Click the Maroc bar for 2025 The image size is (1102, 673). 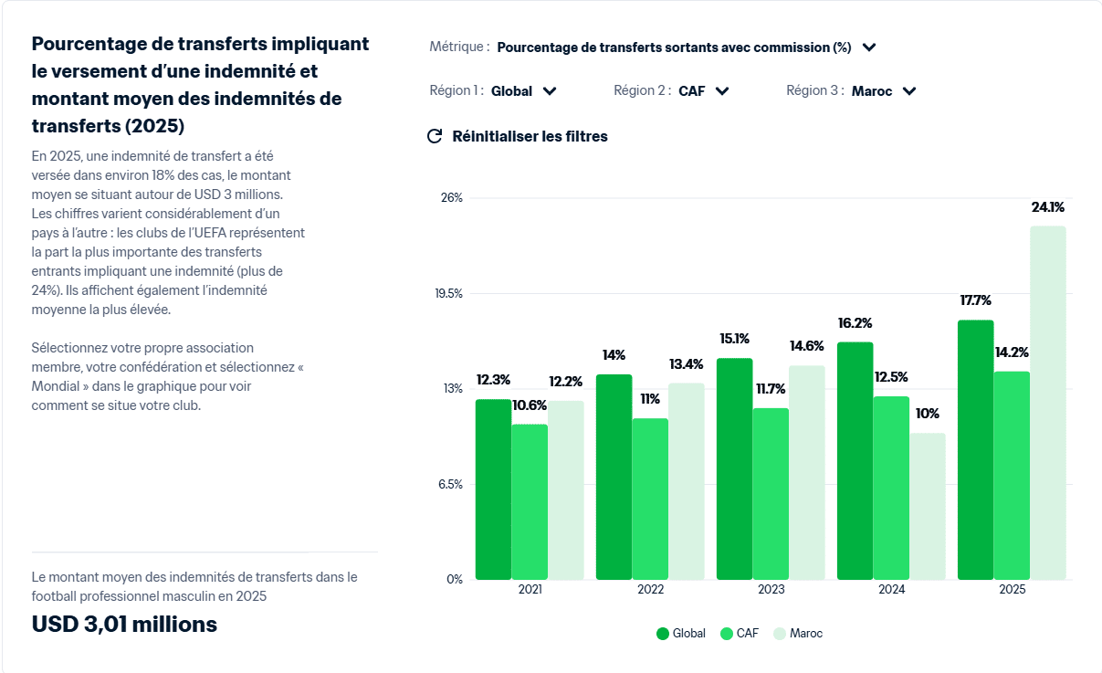click(1048, 403)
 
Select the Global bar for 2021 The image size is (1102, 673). click(493, 489)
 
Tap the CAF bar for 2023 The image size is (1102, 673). click(771, 494)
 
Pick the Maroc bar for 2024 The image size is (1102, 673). click(928, 506)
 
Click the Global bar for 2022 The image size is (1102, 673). click(614, 477)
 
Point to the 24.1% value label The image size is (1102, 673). click(1047, 207)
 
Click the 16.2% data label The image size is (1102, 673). click(855, 323)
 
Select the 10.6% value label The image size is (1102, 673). click(530, 405)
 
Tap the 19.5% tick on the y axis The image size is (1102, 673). click(448, 293)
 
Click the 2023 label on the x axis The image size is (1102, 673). click(771, 590)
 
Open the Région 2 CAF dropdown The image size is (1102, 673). click(703, 90)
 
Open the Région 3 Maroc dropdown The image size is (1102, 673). click(883, 90)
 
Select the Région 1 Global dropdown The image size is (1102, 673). click(523, 90)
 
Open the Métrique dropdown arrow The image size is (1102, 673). click(869, 47)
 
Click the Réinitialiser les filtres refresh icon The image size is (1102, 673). click(435, 136)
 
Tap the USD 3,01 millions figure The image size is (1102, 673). click(124, 625)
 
